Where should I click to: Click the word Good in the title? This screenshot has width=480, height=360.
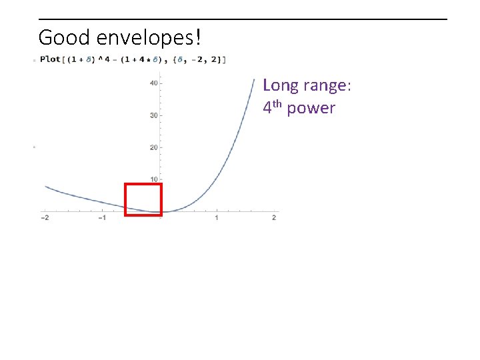click(x=61, y=37)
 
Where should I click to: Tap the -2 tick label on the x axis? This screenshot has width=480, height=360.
click(x=45, y=219)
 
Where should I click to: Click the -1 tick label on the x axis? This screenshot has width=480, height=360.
click(x=102, y=219)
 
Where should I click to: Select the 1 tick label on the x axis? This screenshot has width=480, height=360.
click(x=217, y=219)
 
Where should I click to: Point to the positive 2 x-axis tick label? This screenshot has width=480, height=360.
click(x=274, y=219)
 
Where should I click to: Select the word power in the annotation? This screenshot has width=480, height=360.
click(x=311, y=108)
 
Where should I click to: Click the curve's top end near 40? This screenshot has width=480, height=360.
click(x=254, y=80)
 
